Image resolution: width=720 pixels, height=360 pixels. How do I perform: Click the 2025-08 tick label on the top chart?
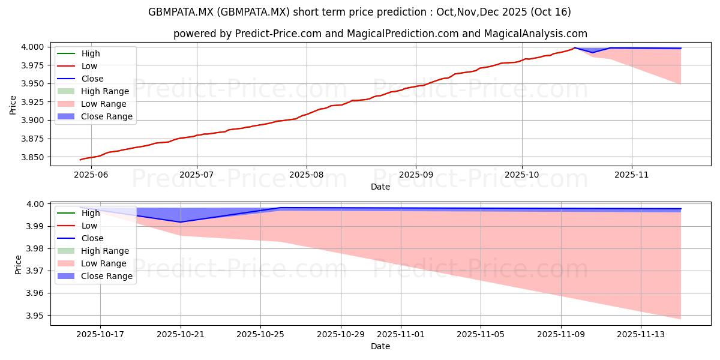(x=306, y=175)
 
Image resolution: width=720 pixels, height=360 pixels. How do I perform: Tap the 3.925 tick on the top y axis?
(x=34, y=102)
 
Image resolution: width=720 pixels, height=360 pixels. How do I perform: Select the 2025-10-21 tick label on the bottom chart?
(x=181, y=334)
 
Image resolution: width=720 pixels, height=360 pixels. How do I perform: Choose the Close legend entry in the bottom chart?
(x=92, y=238)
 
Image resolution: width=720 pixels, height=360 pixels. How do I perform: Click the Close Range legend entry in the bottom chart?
(x=107, y=276)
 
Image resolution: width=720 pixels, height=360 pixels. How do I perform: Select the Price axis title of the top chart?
(x=13, y=104)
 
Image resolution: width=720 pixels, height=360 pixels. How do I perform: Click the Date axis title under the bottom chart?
(x=380, y=346)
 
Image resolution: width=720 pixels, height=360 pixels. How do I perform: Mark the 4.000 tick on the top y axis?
(x=34, y=47)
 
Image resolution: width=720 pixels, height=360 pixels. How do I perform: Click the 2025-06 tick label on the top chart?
(x=90, y=175)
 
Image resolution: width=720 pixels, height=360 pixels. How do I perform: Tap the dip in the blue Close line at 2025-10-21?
(x=181, y=222)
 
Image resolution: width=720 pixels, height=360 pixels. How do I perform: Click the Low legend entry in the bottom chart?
(x=89, y=226)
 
